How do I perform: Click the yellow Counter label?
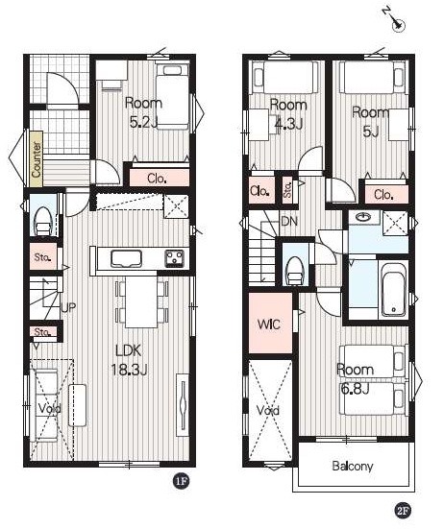[37, 159]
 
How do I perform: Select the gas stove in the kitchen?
[174, 259]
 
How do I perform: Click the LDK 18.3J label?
[129, 360]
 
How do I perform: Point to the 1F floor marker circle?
[181, 481]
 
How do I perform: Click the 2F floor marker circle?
[403, 511]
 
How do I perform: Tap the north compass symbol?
[395, 20]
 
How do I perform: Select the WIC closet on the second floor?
[270, 324]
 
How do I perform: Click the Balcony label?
[353, 466]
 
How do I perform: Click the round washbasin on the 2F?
[363, 217]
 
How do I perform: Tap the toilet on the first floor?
[43, 221]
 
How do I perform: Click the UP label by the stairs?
[68, 307]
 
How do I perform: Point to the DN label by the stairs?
[289, 222]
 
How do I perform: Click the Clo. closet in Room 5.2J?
[160, 178]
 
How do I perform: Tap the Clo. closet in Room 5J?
[386, 194]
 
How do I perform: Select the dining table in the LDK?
[141, 301]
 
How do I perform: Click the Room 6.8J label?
[356, 379]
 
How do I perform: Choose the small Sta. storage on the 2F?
[288, 190]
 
